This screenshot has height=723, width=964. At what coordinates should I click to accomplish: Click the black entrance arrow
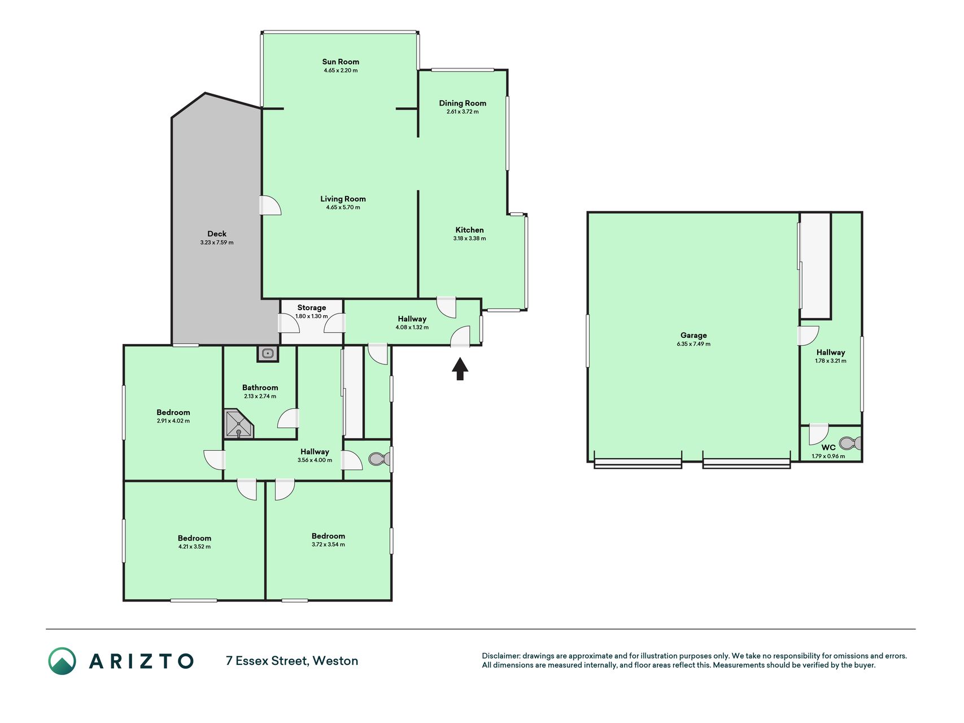460,368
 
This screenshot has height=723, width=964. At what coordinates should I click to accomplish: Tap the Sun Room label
341,62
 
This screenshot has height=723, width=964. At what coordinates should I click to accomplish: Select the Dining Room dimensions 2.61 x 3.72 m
463,112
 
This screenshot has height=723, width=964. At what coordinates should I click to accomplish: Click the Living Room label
343,198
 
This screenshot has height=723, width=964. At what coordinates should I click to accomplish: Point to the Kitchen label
469,230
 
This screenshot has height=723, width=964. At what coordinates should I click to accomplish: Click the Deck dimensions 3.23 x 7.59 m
217,242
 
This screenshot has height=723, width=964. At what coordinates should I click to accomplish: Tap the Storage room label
312,307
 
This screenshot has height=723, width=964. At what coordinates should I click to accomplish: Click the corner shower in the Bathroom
239,424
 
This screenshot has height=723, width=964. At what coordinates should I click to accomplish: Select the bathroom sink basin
268,354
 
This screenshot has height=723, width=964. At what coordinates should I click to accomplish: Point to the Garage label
693,335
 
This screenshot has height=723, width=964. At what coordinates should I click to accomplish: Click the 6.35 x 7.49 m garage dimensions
693,344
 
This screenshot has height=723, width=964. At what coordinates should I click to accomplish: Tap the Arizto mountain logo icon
62,661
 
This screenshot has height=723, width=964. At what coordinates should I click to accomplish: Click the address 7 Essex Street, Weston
292,661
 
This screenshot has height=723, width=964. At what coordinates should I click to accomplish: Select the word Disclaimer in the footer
500,656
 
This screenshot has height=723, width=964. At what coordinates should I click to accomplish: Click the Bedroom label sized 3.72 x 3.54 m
328,536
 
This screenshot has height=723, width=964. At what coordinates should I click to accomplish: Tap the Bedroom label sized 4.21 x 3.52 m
194,538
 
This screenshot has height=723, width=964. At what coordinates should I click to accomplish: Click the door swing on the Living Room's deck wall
271,205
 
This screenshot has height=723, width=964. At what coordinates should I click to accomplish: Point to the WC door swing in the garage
818,434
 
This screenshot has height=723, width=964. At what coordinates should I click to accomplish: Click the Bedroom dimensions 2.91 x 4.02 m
173,421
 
